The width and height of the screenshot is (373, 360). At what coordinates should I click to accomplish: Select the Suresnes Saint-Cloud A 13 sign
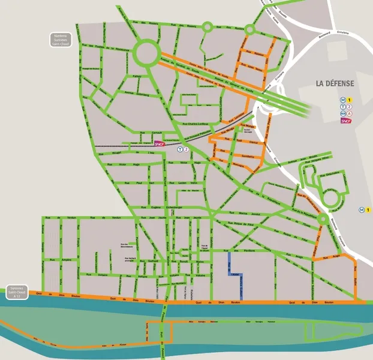pos(18,292)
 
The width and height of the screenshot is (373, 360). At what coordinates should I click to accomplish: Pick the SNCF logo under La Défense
pos(345,121)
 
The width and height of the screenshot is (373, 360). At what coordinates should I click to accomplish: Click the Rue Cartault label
pos(158,133)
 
